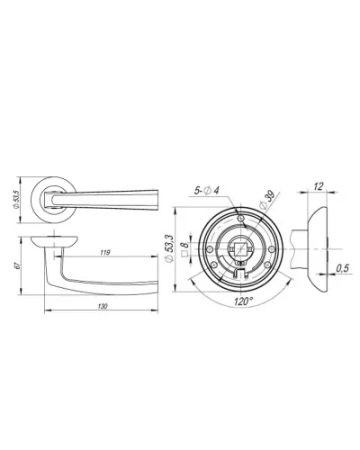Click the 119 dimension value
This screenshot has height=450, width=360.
[x=105, y=253]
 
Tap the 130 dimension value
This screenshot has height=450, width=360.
[x=103, y=306]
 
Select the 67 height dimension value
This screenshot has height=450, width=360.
[x=17, y=265]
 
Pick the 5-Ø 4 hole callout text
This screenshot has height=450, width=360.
[x=207, y=190]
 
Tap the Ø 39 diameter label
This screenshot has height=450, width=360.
[x=265, y=200]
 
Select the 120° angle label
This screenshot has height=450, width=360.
[x=244, y=301]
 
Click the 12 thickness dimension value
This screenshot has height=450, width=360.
[x=319, y=186]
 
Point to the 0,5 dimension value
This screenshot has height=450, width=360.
[x=342, y=268]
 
